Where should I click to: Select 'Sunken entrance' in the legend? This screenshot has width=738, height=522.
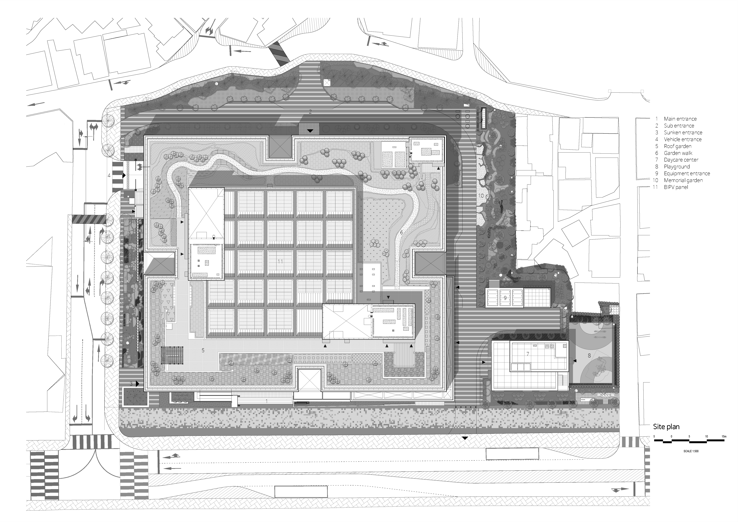click(x=683, y=133)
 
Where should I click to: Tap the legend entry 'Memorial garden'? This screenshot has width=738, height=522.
click(x=683, y=180)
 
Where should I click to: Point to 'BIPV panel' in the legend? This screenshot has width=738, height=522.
click(x=676, y=187)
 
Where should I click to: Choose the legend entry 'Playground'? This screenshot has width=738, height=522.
click(x=677, y=167)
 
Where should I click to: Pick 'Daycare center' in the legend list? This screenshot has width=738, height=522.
click(x=681, y=160)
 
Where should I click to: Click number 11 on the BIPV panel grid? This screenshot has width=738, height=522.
click(x=280, y=261)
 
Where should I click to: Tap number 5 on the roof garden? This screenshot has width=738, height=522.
click(x=203, y=350)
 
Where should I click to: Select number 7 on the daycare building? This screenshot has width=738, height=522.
click(x=527, y=354)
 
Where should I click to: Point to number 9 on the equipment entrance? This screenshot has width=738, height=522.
click(x=505, y=298)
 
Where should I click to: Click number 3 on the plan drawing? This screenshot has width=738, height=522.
click(x=131, y=384)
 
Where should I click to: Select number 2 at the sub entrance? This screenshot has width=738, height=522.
click(x=310, y=112)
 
